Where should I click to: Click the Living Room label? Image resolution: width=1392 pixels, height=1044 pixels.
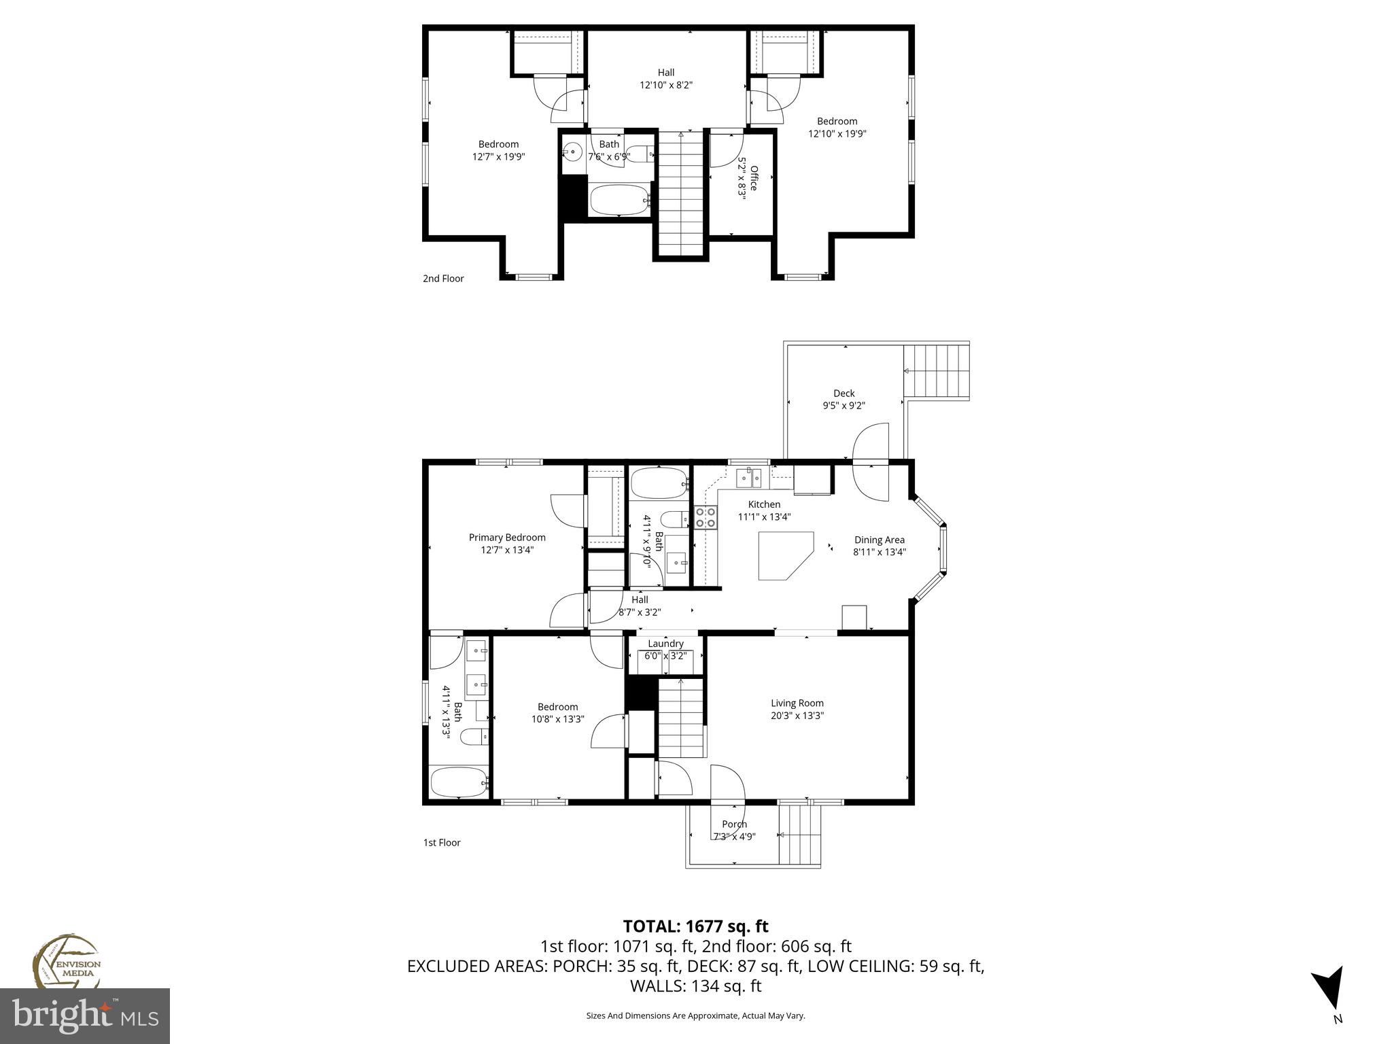[797, 703]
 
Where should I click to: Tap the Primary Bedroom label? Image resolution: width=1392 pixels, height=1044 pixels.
[507, 538]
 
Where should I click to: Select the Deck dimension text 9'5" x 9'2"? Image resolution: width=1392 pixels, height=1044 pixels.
[843, 406]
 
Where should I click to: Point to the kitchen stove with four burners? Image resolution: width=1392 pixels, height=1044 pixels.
[706, 517]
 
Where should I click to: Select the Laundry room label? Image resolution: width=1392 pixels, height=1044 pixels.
[665, 644]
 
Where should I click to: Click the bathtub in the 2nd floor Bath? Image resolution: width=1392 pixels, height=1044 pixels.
[621, 200]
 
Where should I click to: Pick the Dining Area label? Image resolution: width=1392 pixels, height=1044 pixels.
[879, 540]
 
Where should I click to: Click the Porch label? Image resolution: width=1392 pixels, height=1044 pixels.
[734, 824]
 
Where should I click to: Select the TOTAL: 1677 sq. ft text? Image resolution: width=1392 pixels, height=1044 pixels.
[695, 926]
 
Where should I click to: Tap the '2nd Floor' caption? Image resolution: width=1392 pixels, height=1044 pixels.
[443, 279]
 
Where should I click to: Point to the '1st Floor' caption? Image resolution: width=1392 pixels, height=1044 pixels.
[442, 843]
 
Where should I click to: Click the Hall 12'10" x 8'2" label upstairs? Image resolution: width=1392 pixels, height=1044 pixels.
[666, 79]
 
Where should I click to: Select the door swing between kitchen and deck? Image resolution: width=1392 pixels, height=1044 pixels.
[871, 462]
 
